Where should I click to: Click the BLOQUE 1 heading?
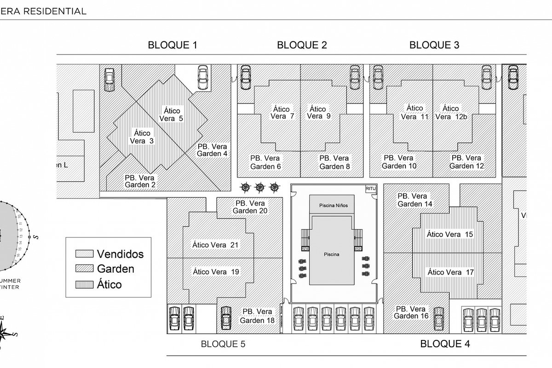pos(172,45)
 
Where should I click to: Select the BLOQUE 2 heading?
pos(302,45)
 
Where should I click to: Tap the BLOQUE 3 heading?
pos(434,45)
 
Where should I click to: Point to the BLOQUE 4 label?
pos(445,344)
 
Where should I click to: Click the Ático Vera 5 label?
pos(171,115)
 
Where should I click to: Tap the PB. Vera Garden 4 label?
pos(212,150)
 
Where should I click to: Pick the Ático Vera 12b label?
pos(450,113)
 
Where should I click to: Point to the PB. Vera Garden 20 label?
pos(251,207)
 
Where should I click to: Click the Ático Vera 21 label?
pos(215,245)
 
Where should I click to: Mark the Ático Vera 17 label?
pos(450,272)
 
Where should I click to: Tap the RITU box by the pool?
pos(371,189)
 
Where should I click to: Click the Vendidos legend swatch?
pos(84,253)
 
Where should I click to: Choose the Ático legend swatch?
pos(84,284)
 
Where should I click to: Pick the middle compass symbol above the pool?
pos(260,187)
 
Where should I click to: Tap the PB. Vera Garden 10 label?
pos(399,162)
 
